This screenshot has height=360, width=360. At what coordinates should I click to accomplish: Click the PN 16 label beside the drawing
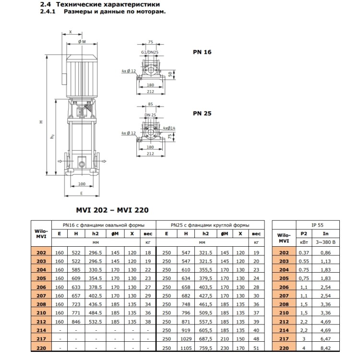pos(202,52)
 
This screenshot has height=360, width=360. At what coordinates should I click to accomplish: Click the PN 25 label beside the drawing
pos(202,114)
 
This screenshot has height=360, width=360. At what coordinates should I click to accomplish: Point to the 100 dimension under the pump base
pos(81,184)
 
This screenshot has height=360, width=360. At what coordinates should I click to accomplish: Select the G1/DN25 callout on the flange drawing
pos(150,51)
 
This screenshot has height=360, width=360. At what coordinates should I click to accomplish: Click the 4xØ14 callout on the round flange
pos(169,128)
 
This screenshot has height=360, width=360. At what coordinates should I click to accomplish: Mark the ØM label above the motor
pos(81,42)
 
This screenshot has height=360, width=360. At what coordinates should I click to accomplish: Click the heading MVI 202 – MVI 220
pos(112,210)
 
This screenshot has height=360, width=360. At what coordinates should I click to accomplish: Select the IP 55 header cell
pos(318,224)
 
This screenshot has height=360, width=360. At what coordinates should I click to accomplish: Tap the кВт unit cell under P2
pos(303,242)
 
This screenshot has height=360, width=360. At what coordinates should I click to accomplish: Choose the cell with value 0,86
pos(326,252)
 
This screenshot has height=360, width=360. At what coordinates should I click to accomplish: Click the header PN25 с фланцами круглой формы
pos(210,224)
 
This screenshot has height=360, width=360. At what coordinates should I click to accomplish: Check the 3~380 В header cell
pos(326,242)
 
